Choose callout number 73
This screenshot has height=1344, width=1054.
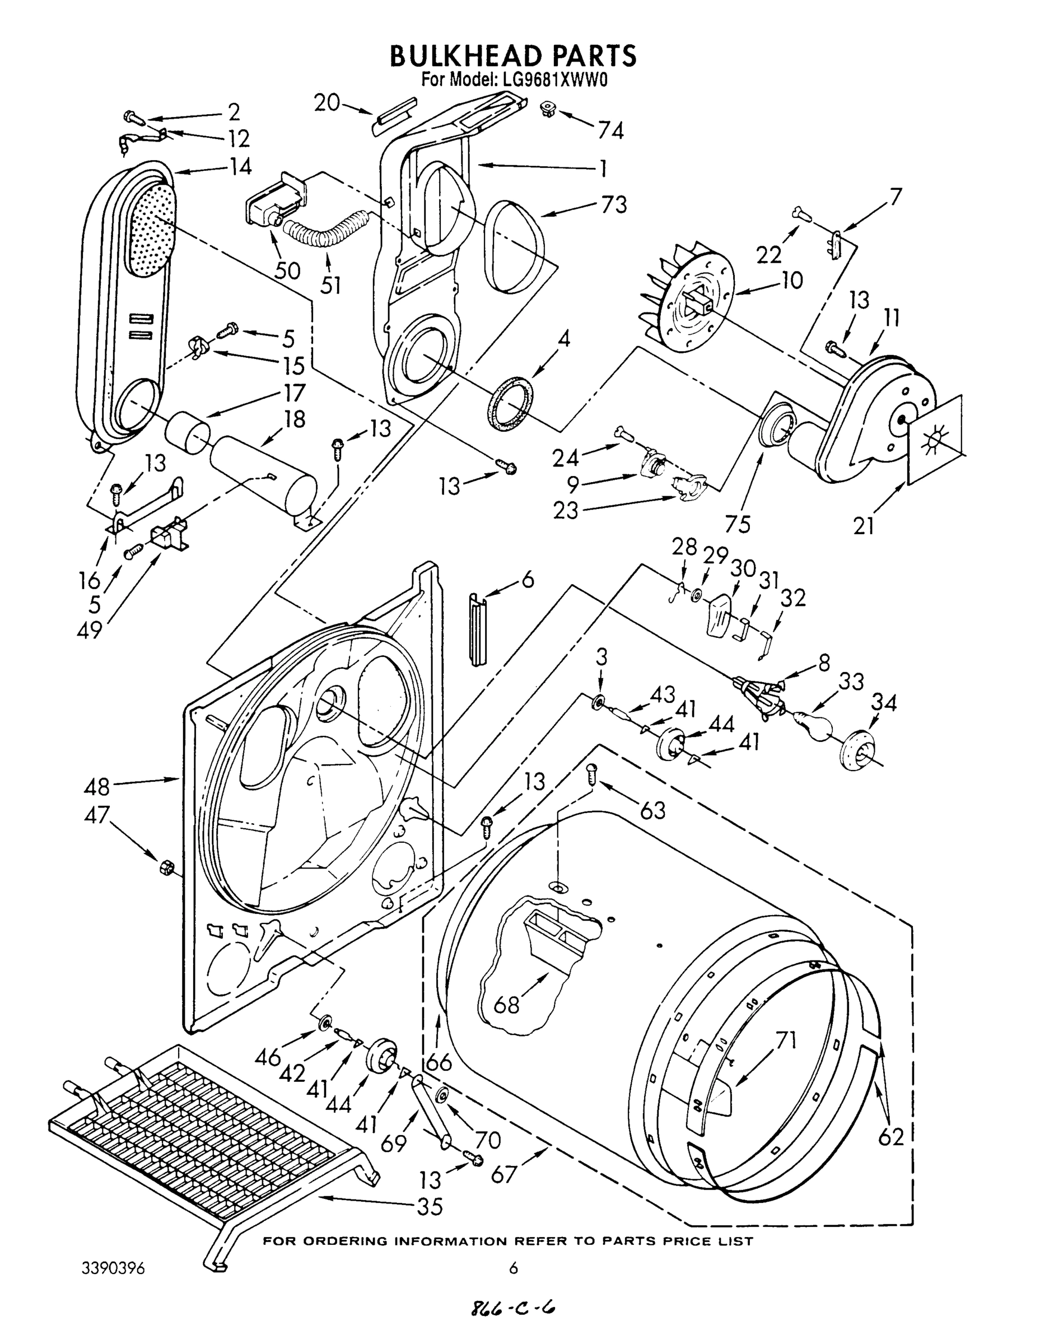click(x=614, y=205)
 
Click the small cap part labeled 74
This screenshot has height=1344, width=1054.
click(x=547, y=110)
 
